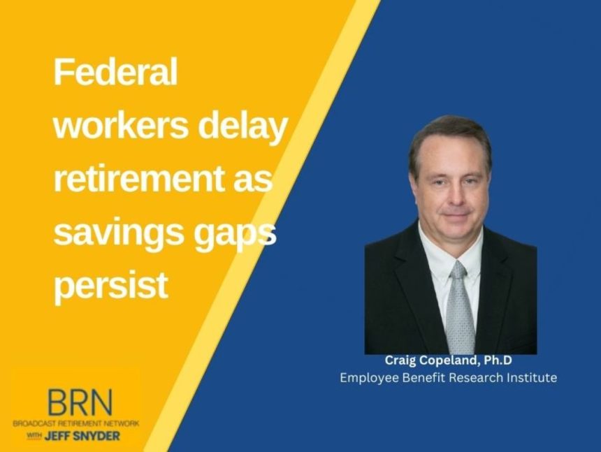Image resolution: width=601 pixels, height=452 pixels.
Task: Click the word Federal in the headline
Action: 115,73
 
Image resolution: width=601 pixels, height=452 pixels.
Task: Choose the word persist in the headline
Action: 111,286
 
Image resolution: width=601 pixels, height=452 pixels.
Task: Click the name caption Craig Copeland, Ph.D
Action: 450,361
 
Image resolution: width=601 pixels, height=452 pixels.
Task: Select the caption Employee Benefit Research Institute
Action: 448,378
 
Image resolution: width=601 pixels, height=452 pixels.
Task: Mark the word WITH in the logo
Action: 35,436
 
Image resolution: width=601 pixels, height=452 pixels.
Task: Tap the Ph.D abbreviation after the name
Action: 500,361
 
